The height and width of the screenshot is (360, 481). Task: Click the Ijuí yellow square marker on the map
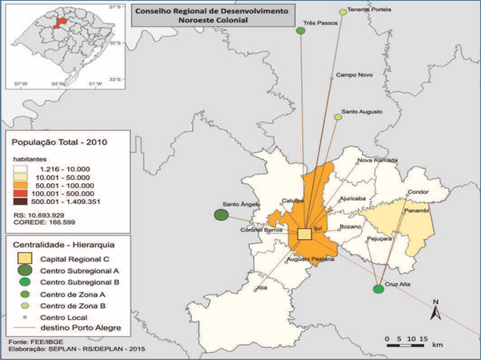point(304,234)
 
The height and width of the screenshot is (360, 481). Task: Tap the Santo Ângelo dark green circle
point(220,214)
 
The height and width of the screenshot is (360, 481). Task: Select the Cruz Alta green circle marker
point(378,289)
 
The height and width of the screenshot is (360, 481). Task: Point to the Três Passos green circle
point(301,31)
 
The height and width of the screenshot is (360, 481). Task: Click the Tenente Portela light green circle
point(343,12)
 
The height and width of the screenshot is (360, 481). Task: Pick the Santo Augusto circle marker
point(338,118)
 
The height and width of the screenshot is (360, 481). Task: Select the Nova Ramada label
point(375,160)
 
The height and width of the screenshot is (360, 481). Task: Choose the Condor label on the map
point(419,193)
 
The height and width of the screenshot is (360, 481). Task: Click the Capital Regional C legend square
point(23,258)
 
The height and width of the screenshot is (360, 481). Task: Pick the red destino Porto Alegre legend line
point(24,330)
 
